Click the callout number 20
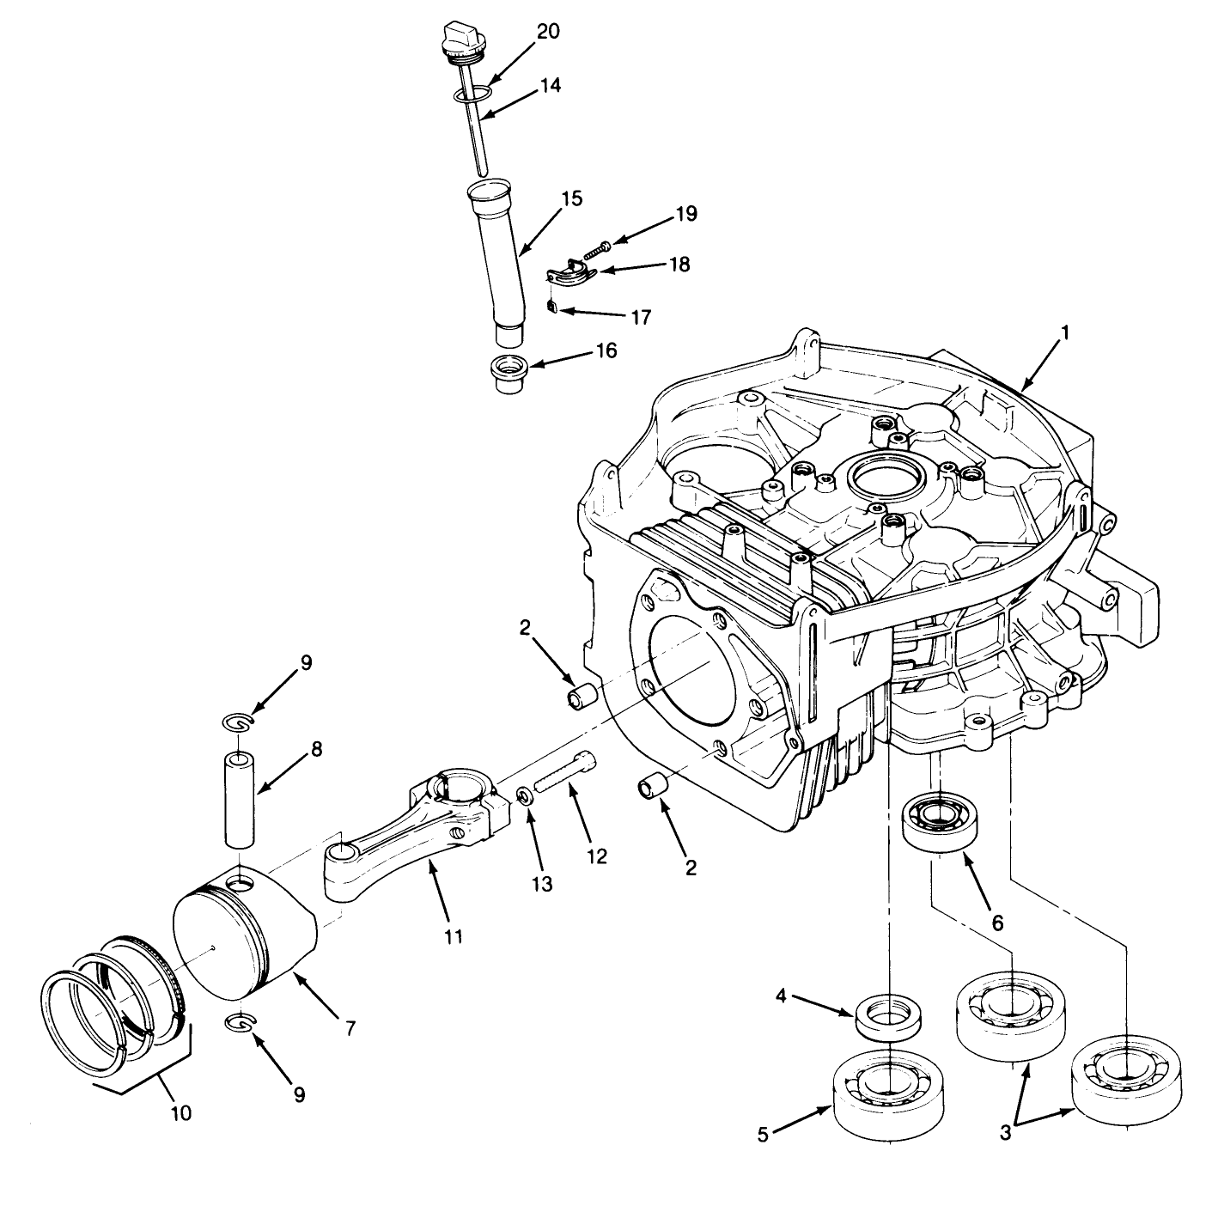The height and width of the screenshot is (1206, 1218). click(x=547, y=32)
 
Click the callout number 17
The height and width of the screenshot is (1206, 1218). click(x=640, y=318)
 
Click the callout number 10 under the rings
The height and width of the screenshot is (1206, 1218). click(x=180, y=1113)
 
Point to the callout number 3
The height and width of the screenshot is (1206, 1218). click(x=1005, y=1133)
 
